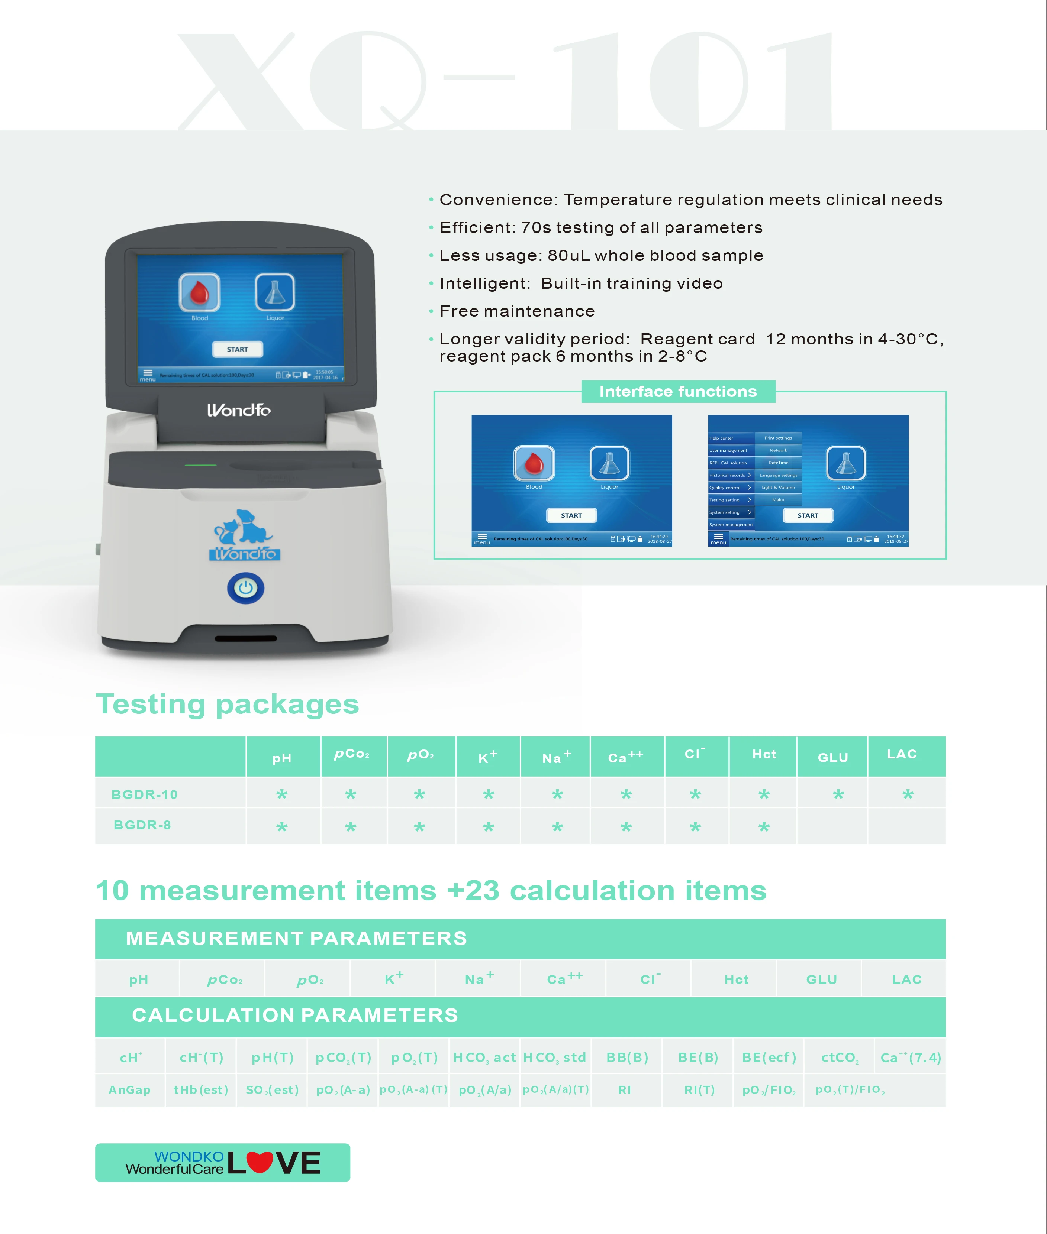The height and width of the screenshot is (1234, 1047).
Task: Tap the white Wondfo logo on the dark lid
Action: click(x=239, y=410)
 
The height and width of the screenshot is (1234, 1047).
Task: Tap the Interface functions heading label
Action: click(x=678, y=392)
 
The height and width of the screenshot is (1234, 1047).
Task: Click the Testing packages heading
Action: click(x=227, y=704)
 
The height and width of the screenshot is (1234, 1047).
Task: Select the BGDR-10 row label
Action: click(x=144, y=794)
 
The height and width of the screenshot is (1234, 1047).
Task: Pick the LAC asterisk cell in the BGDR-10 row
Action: click(x=908, y=794)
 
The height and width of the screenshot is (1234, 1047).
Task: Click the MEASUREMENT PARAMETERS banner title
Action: click(x=296, y=939)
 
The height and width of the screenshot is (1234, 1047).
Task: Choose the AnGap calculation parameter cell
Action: click(x=129, y=1090)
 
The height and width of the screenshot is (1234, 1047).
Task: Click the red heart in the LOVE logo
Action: click(x=260, y=1162)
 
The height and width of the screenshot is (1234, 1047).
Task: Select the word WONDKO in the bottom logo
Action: click(x=189, y=1156)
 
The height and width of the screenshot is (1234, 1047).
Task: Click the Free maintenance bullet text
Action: click(x=517, y=311)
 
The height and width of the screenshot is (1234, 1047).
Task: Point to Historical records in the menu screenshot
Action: click(x=727, y=475)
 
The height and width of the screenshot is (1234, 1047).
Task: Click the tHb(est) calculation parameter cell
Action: click(x=201, y=1090)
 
